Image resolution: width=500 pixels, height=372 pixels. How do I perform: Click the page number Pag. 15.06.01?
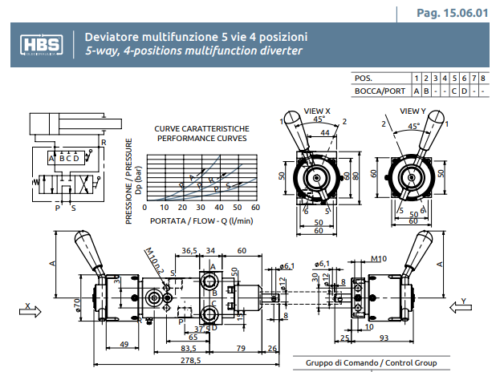pyautogui.click(x=453, y=13)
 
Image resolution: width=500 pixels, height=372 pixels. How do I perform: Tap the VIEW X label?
pyautogui.click(x=317, y=111)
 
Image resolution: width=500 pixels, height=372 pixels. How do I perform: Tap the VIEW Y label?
pyautogui.click(x=412, y=111)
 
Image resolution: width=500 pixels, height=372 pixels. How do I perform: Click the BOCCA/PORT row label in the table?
pyautogui.click(x=380, y=91)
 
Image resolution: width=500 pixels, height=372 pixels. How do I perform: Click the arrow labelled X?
pyautogui.click(x=30, y=313)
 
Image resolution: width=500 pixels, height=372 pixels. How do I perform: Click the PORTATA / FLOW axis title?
pyautogui.click(x=201, y=220)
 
